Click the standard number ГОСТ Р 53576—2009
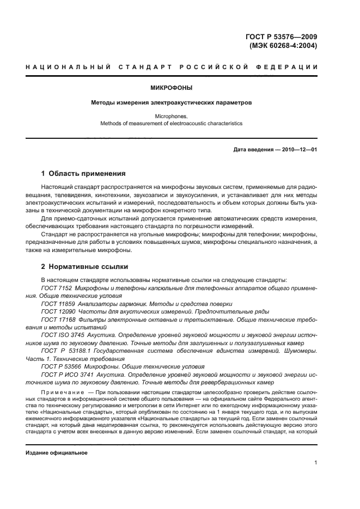[281, 36]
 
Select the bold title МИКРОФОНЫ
[170, 87]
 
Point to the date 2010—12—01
[298, 149]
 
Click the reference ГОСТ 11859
[59, 303]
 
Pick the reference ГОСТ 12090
[59, 311]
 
